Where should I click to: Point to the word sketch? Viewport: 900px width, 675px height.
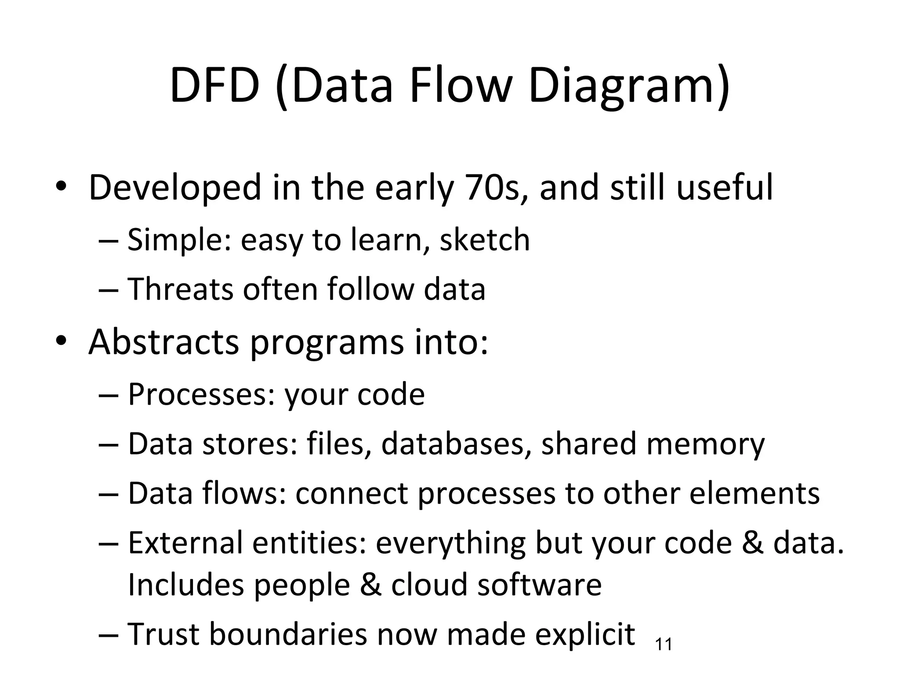point(485,240)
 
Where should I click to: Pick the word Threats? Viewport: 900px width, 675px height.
point(180,289)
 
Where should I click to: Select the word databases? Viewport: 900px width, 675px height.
point(453,444)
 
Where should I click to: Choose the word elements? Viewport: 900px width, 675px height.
point(754,494)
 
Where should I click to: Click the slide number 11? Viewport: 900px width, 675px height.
point(664,645)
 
